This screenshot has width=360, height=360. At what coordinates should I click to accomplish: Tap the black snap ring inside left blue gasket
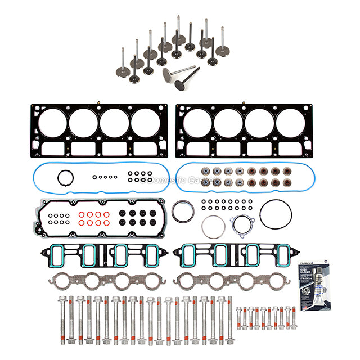tap(66, 178)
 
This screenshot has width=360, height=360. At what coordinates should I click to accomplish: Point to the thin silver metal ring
tap(213, 227)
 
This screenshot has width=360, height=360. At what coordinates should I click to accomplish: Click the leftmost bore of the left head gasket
tap(52, 122)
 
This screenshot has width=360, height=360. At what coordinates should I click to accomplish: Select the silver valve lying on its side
tap(175, 71)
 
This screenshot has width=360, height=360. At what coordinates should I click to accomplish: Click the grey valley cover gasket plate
tap(99, 218)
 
